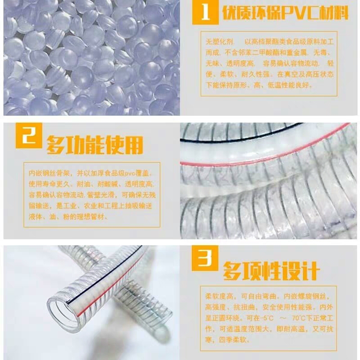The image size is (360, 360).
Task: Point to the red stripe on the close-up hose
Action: point(265,146)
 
